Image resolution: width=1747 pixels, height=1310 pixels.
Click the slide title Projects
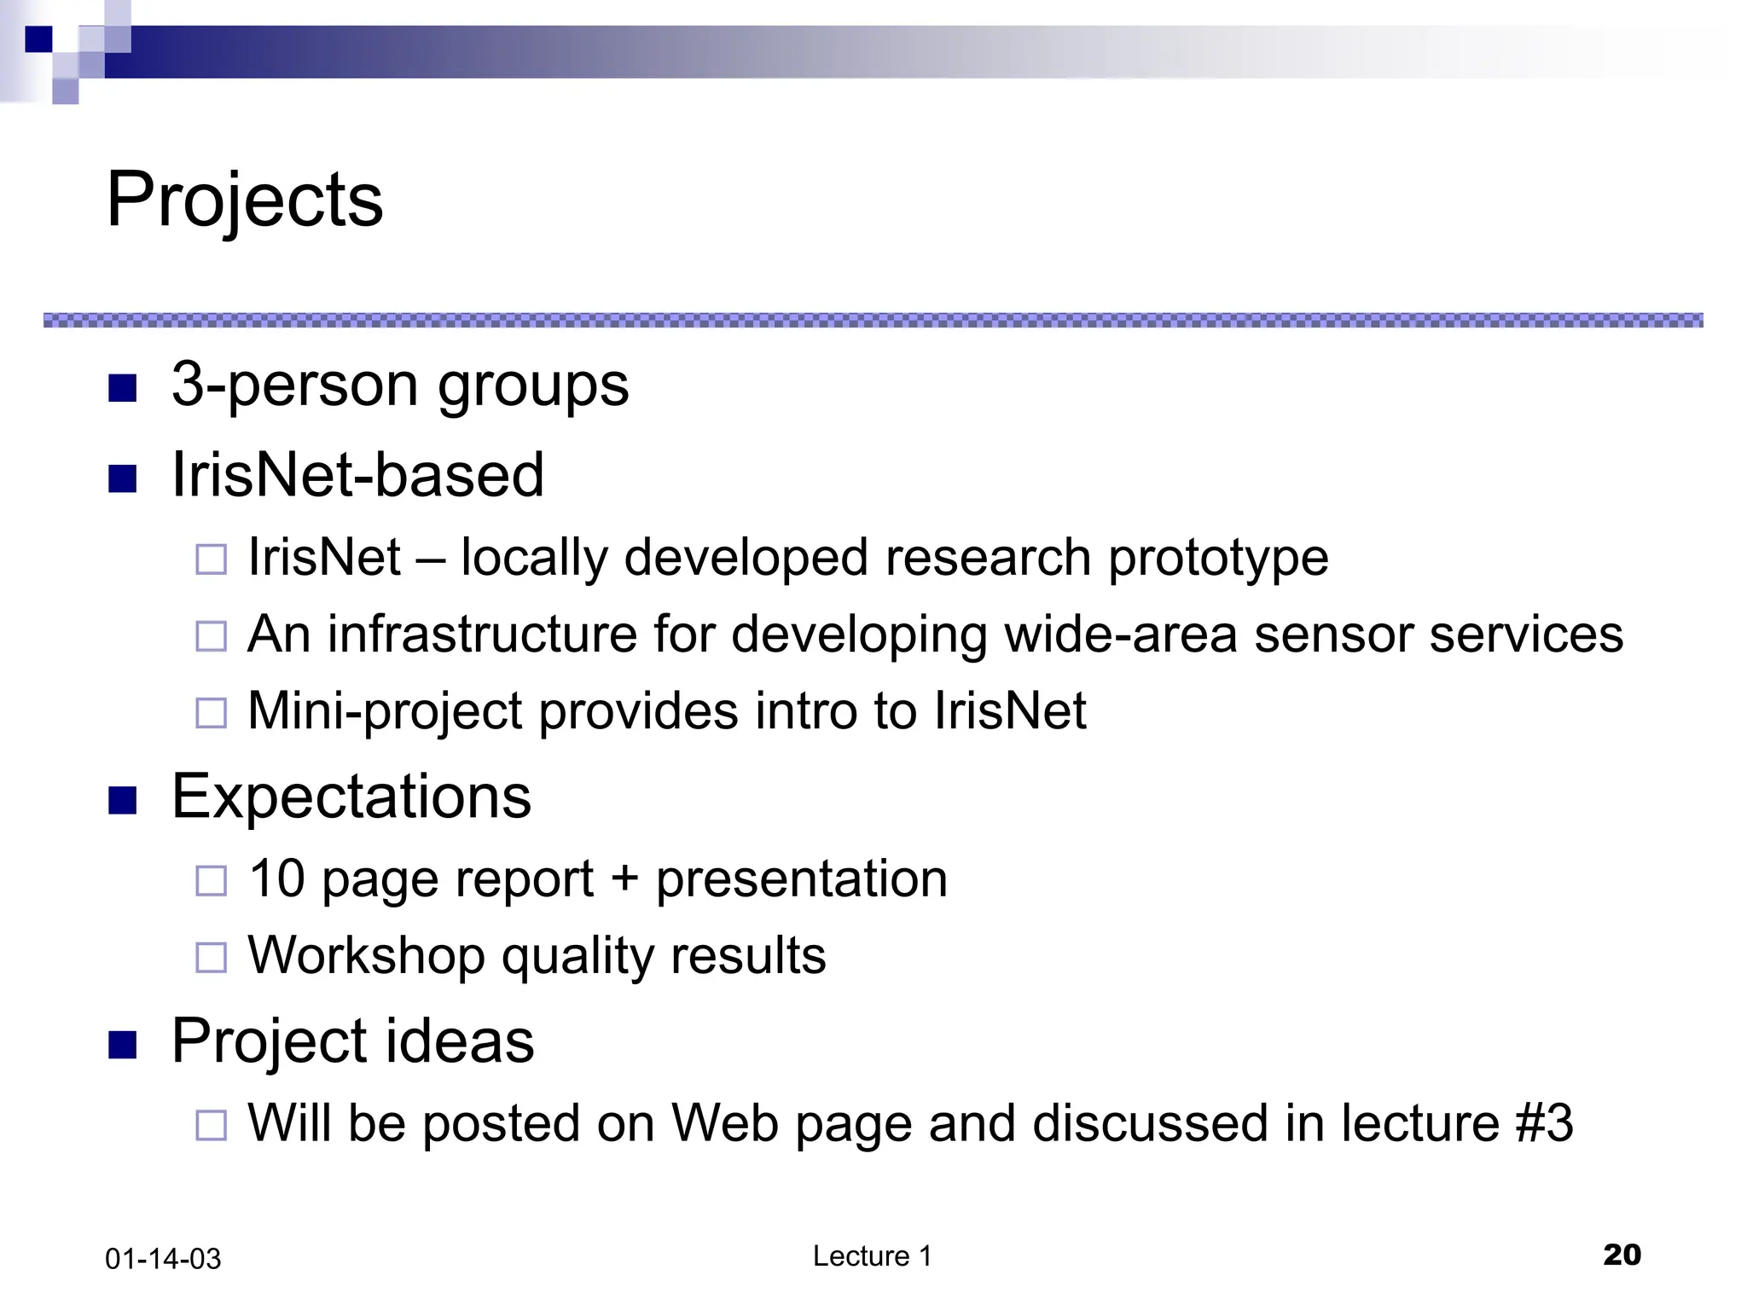pyautogui.click(x=245, y=200)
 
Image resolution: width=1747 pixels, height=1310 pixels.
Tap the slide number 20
pyautogui.click(x=1622, y=1255)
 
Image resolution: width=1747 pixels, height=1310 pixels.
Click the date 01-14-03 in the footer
pyautogui.click(x=163, y=1259)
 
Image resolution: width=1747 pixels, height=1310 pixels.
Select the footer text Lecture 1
pyautogui.click(x=872, y=1255)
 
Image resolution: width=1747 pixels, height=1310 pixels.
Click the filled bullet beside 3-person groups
pyautogui.click(x=123, y=389)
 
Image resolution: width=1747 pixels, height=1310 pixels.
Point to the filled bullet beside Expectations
pyautogui.click(x=123, y=801)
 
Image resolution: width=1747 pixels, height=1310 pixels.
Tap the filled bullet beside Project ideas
pyautogui.click(x=123, y=1045)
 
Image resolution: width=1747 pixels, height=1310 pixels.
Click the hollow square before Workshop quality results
pyautogui.click(x=211, y=958)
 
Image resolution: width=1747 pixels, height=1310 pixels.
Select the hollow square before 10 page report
pyautogui.click(x=211, y=881)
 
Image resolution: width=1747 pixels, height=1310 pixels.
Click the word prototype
pyautogui.click(x=1218, y=559)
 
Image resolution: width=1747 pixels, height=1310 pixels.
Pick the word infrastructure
pyautogui.click(x=483, y=635)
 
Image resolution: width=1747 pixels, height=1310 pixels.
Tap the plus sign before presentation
pyautogui.click(x=624, y=878)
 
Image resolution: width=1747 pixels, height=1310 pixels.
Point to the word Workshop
pyautogui.click(x=366, y=955)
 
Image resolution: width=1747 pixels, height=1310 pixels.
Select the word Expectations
pyautogui.click(x=351, y=797)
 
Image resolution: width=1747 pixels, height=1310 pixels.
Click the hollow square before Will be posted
pyautogui.click(x=211, y=1126)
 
